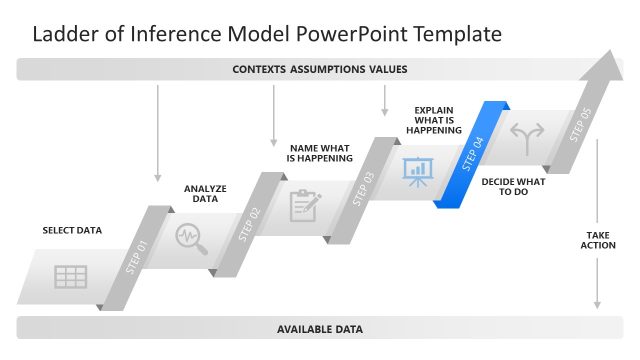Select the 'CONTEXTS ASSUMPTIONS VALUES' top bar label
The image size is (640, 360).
[320, 69]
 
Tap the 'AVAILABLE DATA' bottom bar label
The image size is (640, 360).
[320, 328]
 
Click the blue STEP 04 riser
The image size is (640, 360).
[473, 154]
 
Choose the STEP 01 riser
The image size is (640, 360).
[137, 257]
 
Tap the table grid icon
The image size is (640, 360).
[70, 277]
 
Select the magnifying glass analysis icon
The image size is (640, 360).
[190, 238]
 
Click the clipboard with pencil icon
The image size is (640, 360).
[304, 205]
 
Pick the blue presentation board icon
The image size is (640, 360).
[416, 171]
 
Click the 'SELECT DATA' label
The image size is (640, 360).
[72, 230]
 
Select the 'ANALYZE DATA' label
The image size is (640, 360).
[205, 193]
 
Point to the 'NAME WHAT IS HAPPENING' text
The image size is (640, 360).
[320, 153]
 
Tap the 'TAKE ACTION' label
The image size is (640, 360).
[598, 240]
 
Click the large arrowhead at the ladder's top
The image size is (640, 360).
[605, 72]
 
